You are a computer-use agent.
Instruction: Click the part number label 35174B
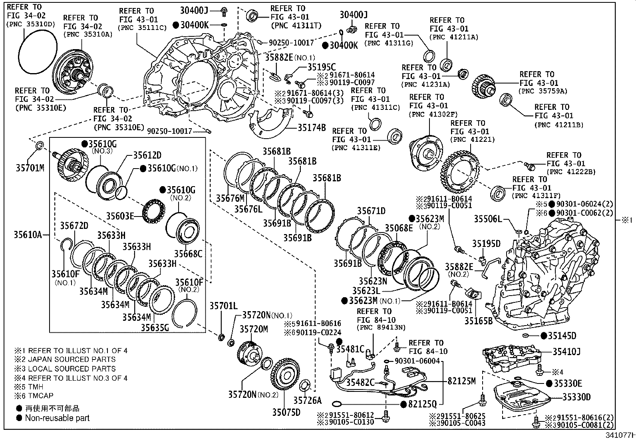(311, 128)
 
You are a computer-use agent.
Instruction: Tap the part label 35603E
(120, 216)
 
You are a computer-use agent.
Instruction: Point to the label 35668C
(188, 254)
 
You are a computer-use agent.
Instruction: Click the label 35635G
(155, 328)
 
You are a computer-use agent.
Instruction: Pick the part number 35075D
(286, 412)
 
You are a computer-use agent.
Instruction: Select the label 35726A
(308, 400)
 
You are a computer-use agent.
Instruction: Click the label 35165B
(478, 320)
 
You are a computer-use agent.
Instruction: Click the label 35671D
(371, 211)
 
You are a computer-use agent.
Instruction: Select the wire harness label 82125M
(461, 381)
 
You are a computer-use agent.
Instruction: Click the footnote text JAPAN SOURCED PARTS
(72, 360)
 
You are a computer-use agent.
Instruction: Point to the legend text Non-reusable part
(57, 418)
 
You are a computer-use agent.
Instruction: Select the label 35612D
(147, 155)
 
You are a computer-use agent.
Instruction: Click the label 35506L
(488, 219)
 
